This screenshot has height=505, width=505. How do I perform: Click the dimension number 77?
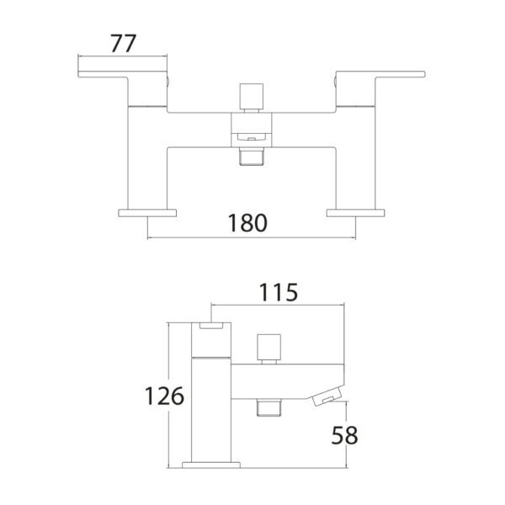tap(124, 44)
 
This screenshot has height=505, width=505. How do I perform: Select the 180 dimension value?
tap(247, 223)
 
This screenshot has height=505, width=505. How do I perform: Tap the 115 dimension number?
tap(279, 292)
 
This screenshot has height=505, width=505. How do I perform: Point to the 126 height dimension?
tap(165, 396)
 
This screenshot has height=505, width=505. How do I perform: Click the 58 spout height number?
tap(344, 435)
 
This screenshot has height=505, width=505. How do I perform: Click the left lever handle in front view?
tap(122, 74)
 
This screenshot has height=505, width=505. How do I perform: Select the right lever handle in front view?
tap(380, 74)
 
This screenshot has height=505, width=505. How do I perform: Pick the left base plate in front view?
tap(147, 213)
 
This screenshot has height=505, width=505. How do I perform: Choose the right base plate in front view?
tap(355, 213)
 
